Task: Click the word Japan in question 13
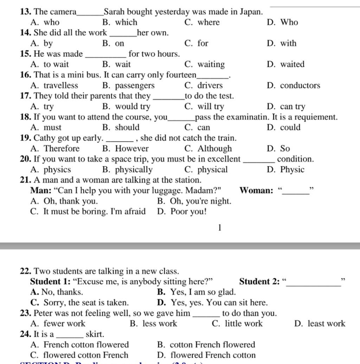click(251, 12)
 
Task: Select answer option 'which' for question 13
click(126, 23)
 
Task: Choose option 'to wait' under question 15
click(56, 65)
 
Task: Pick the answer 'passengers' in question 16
click(135, 86)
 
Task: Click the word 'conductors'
click(300, 86)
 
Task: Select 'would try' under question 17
click(133, 107)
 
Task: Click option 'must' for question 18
click(52, 128)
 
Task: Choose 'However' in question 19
click(132, 149)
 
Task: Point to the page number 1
click(220, 228)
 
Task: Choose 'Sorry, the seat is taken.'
click(86, 303)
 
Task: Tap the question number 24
click(26, 334)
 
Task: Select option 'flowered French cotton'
click(213, 355)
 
